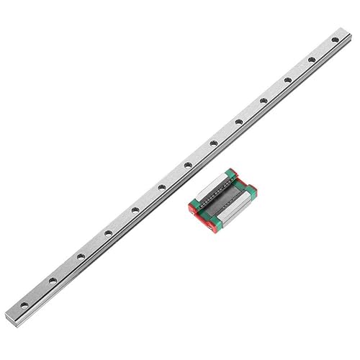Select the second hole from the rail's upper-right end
click(311, 60)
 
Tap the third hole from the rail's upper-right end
click(287, 79)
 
